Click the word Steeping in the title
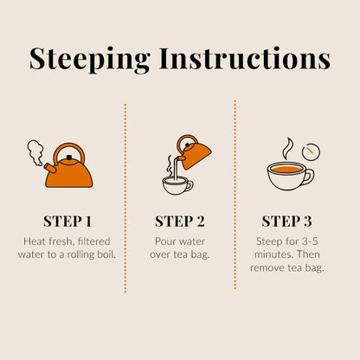click(90, 59)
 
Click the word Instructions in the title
click(245, 58)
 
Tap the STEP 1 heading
click(67, 222)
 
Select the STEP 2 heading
click(180, 222)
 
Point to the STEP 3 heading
click(286, 222)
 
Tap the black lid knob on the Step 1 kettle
click(69, 157)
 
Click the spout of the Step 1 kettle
click(49, 168)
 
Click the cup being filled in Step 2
click(177, 185)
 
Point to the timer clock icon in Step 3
click(311, 151)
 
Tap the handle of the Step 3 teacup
click(310, 177)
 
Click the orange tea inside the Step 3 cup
click(286, 170)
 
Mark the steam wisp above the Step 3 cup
click(287, 149)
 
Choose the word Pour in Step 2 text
click(164, 241)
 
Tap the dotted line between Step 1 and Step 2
click(125, 198)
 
